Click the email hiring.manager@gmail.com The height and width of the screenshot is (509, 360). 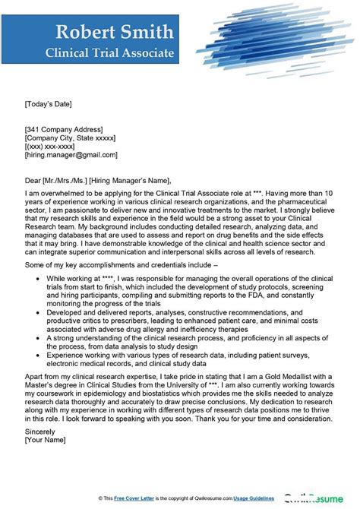71,154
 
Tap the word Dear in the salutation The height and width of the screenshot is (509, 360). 33,180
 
